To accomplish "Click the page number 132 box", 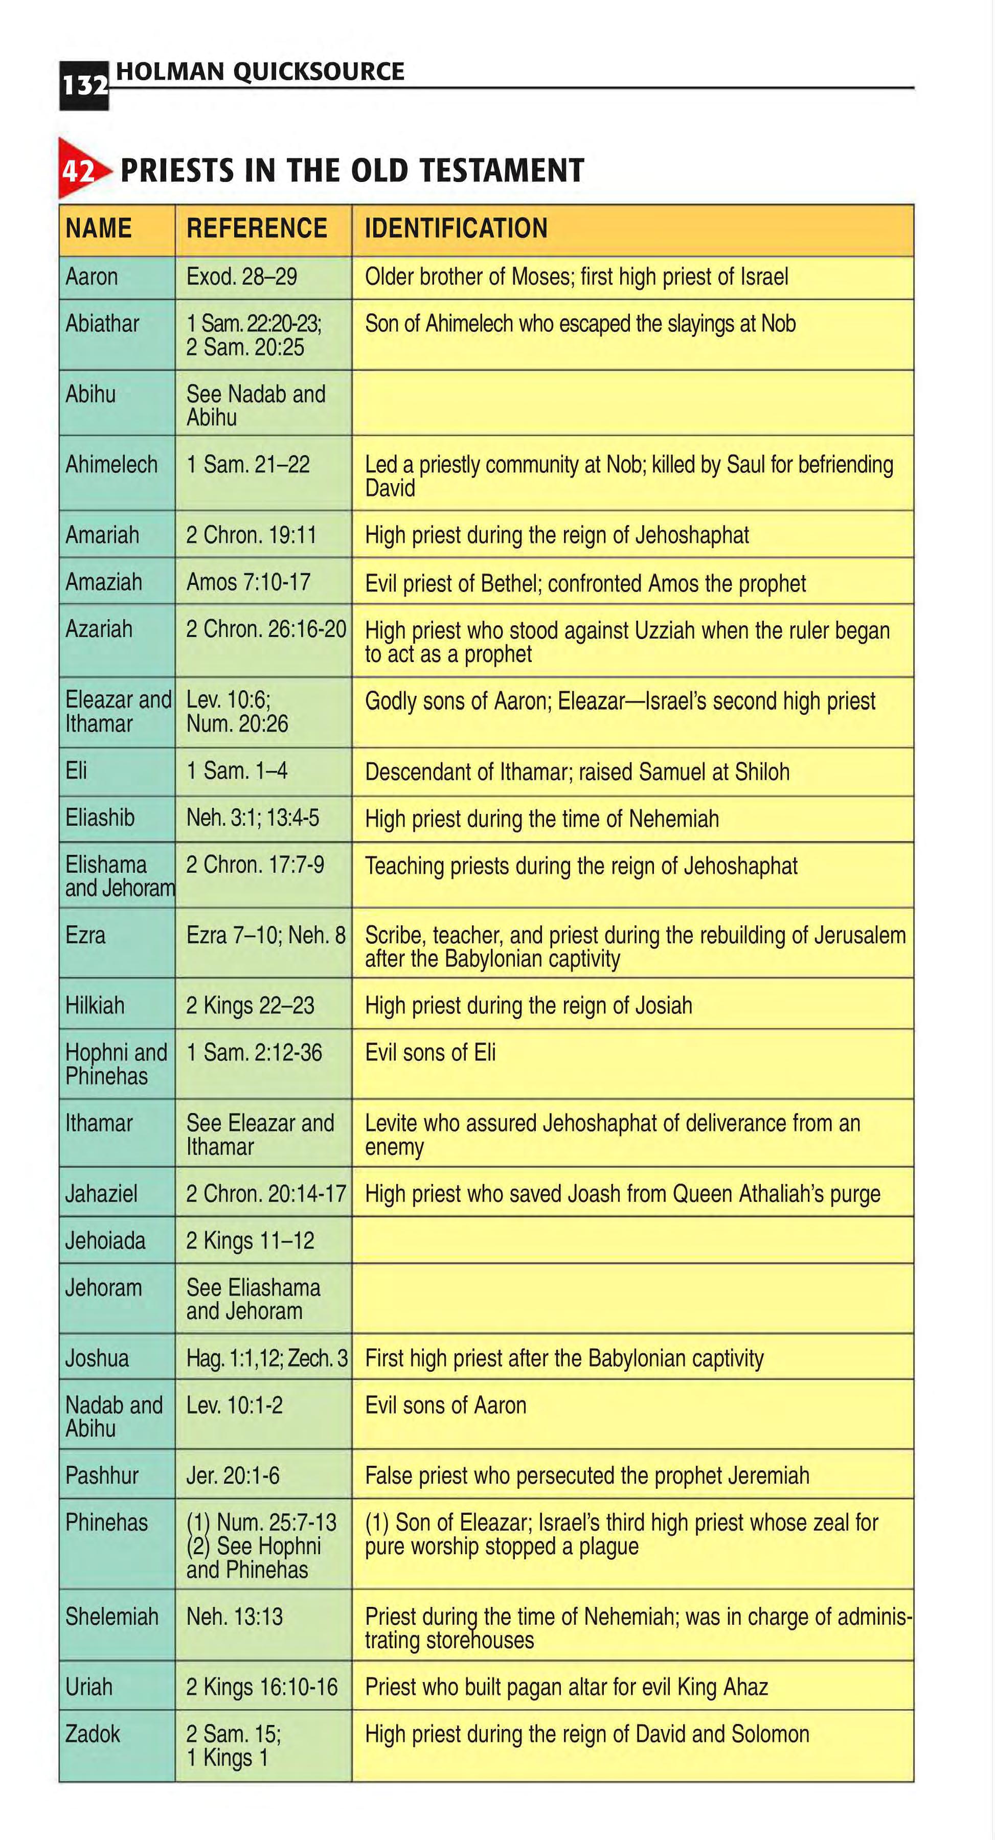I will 83,86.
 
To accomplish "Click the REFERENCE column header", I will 257,229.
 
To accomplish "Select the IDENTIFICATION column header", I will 456,229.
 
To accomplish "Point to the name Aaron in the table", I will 92,277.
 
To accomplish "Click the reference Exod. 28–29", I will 241,277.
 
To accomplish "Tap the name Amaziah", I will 104,582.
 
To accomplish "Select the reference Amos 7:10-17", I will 248,582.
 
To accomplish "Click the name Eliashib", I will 100,818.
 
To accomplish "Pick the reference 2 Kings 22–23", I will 250,1006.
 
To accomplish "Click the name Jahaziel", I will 101,1194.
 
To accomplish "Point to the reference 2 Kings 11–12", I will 250,1241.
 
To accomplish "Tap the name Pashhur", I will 101,1475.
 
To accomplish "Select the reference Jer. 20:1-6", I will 233,1475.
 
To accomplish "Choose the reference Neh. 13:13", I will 234,1617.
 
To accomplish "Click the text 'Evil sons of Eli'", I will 430,1053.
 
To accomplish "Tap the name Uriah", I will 88,1687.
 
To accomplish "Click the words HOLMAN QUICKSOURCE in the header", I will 260,72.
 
